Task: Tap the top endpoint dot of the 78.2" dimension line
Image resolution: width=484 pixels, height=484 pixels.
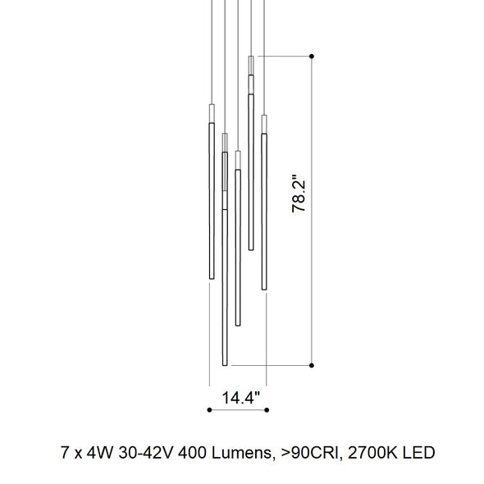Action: click(x=312, y=56)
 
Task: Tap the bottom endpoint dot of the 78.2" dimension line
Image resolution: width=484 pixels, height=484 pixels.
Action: click(x=312, y=364)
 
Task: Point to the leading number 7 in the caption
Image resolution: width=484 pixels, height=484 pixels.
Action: click(x=65, y=452)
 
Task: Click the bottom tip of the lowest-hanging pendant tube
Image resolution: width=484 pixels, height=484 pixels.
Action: click(x=224, y=363)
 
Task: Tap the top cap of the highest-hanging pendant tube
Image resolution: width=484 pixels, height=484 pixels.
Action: click(x=251, y=59)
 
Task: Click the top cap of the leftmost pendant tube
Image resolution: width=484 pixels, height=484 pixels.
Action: click(x=211, y=108)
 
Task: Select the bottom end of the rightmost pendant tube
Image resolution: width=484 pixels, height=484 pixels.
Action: click(x=264, y=288)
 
